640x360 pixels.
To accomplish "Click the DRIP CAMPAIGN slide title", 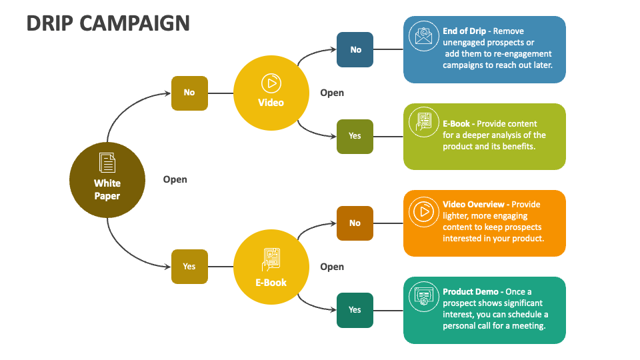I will pos(108,23).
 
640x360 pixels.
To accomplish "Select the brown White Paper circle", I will pos(107,180).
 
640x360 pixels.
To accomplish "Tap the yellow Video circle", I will pos(271,93).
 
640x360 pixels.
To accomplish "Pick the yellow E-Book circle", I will pos(271,267).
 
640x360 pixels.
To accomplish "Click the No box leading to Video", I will pos(189,93).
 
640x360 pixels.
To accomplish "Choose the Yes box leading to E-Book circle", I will pos(189,267).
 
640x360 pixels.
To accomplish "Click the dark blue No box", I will pos(355,49).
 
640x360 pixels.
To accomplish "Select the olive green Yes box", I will pos(355,136).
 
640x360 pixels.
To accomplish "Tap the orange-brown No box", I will pos(355,223).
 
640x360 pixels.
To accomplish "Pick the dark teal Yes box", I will pos(355,310).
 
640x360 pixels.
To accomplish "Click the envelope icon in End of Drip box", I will pos(423,36).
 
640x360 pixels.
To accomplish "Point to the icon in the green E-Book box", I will pos(423,123).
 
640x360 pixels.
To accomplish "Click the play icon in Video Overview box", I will pos(423,211).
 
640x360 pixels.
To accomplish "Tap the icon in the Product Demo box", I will pos(423,297).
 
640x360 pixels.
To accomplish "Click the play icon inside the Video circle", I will pos(271,83).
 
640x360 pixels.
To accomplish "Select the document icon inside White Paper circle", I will pos(107,163).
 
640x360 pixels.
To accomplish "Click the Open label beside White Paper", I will pos(175,179).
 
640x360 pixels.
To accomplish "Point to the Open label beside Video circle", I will pos(332,93).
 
